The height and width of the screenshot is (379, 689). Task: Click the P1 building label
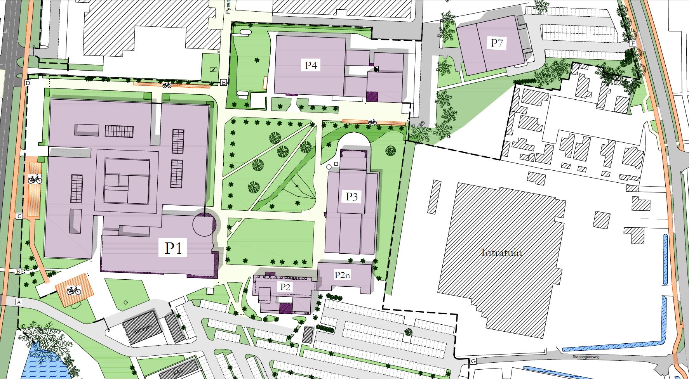173,248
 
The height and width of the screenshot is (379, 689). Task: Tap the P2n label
342,275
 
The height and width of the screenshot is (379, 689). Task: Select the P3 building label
351,197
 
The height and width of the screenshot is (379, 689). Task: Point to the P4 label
310,65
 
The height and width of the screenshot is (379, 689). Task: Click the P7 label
496,43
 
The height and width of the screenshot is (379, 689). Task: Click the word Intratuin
501,253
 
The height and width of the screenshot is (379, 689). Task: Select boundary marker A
18,301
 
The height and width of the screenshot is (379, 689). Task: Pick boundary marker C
19,216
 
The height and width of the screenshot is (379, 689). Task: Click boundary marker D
28,83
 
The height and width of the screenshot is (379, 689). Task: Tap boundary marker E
223,82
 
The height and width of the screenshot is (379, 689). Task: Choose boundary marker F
633,43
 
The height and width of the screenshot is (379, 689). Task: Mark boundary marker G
473,361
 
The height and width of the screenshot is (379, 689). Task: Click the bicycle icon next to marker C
35,179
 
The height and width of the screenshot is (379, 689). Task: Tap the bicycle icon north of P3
372,121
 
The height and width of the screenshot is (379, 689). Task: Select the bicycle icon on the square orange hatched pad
74,290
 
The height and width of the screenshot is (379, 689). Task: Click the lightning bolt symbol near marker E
213,69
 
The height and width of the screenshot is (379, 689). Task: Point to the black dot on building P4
376,70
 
